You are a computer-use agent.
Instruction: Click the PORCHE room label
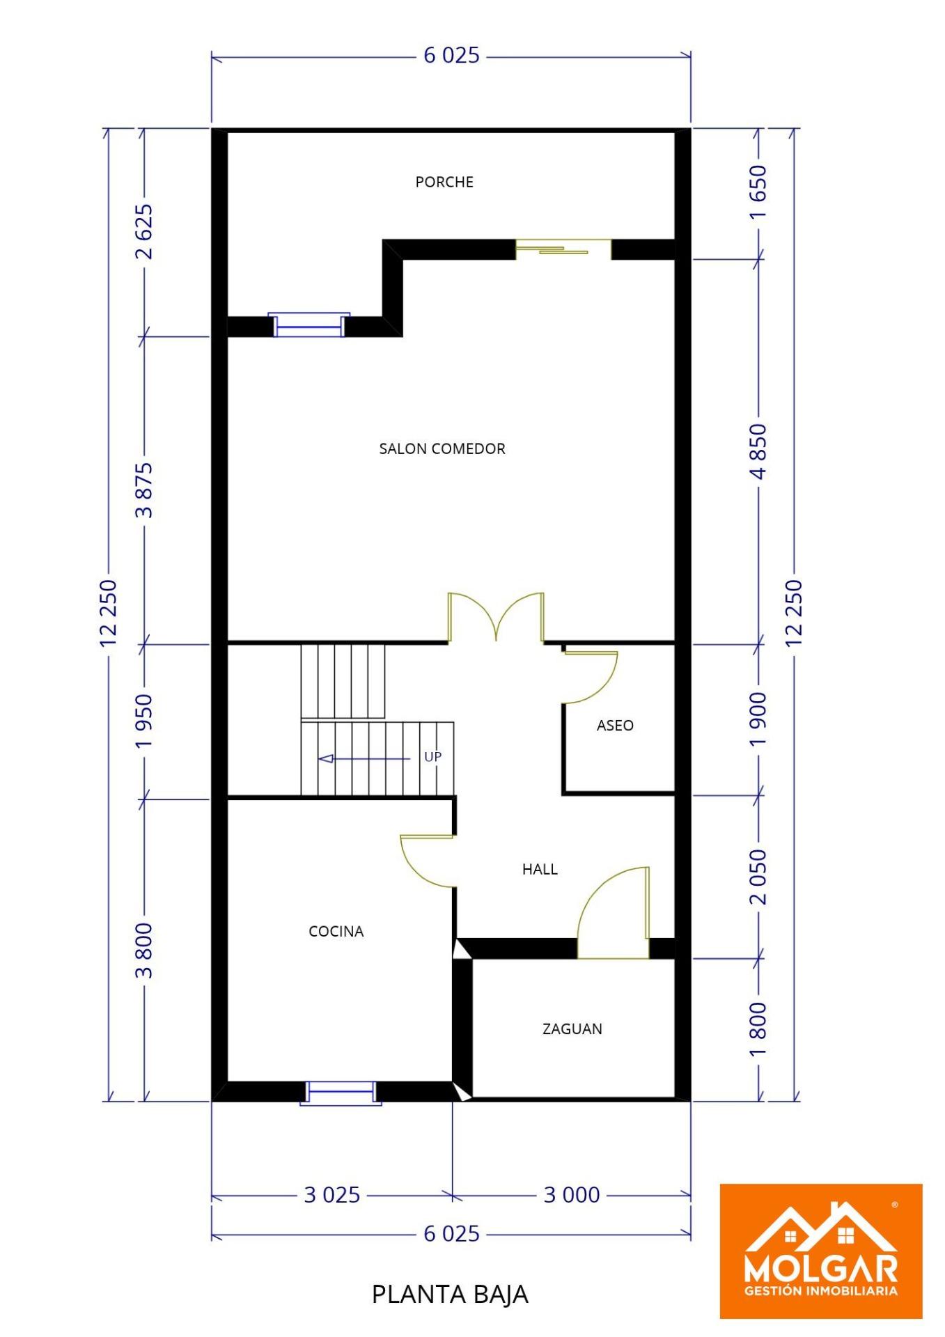click(444, 182)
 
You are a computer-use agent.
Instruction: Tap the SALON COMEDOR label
click(442, 448)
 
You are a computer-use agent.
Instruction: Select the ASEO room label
click(615, 726)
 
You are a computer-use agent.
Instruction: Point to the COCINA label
click(336, 931)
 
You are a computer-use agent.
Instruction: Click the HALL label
click(540, 869)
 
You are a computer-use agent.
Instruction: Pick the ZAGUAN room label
click(572, 1029)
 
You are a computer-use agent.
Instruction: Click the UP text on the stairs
click(433, 757)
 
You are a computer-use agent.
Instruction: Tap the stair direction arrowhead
click(326, 758)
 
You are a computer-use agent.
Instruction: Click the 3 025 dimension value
click(332, 1195)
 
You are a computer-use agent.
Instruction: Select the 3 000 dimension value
click(572, 1195)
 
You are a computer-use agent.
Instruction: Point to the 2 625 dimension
click(144, 231)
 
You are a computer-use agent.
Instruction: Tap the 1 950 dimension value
click(144, 721)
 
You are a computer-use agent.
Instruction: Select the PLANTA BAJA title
click(450, 1295)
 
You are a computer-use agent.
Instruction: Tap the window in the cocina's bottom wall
click(341, 1093)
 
